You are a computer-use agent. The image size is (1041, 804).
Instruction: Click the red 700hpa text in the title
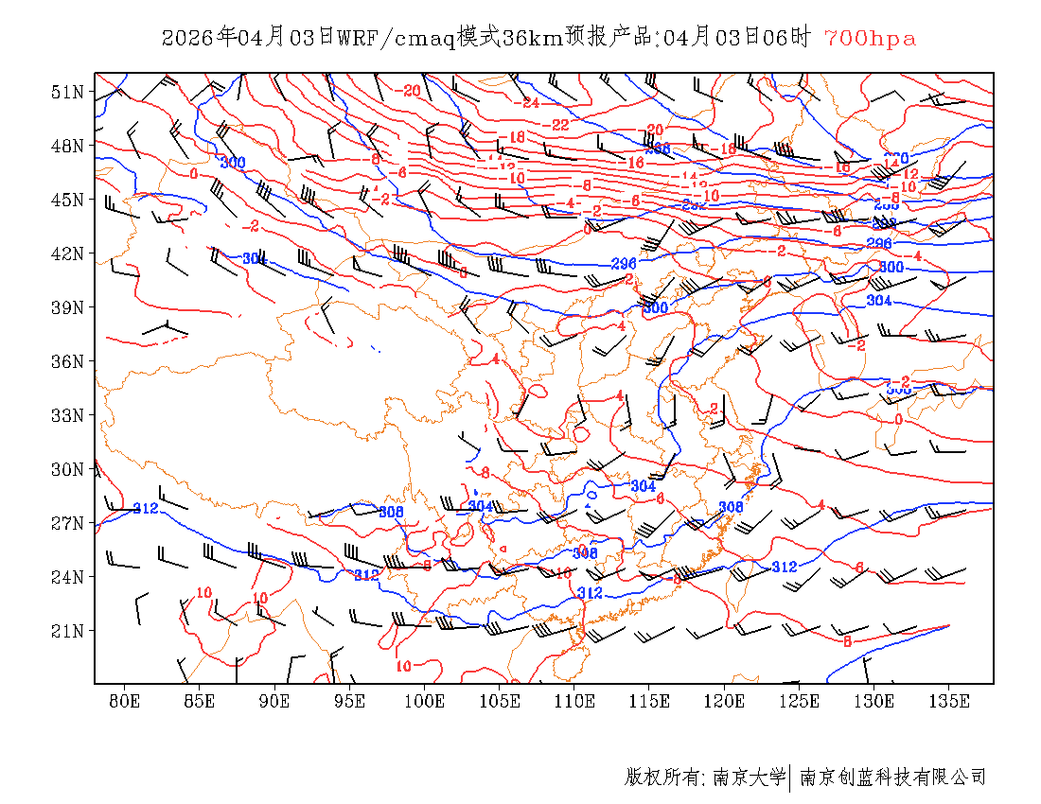pos(870,38)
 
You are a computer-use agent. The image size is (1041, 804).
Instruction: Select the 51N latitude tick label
pos(68,92)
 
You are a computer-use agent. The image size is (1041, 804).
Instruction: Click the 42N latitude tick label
pos(68,253)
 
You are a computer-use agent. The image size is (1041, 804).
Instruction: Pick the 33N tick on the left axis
pos(68,415)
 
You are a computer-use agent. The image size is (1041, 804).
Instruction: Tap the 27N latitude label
pos(68,523)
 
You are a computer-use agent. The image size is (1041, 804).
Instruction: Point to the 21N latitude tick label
pos(68,631)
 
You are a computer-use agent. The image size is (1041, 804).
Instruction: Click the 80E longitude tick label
pos(125,701)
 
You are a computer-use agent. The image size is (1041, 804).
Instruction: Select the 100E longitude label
pos(425,701)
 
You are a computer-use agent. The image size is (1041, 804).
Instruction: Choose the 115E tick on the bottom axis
pos(650,701)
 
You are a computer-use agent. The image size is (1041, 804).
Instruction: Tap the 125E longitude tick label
pos(800,701)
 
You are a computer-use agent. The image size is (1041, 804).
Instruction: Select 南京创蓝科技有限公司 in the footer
pos(892,778)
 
